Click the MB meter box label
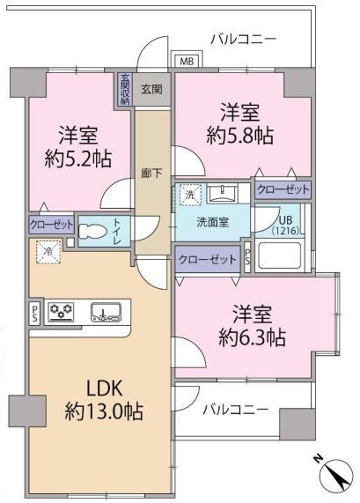tap(187, 61)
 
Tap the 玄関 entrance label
tap(151, 89)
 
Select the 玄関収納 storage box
tap(125, 90)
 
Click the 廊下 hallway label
tap(151, 174)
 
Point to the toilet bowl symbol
tap(93, 231)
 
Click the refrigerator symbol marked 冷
tap(48, 252)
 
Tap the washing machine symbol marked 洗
tap(190, 195)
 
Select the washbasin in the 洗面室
tap(222, 192)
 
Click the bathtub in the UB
tap(280, 255)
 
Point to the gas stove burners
tap(61, 312)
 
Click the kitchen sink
tap(106, 312)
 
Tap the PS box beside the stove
tap(34, 314)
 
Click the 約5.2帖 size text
tap(78, 159)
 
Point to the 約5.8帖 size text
tap(240, 136)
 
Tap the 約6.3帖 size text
tap(253, 337)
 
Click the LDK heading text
tap(105, 388)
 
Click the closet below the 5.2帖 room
tap(51, 225)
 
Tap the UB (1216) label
tap(286, 226)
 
